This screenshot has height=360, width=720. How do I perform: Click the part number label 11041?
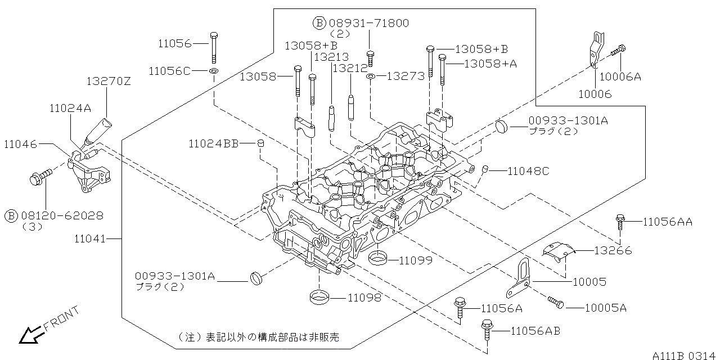pos(89,239)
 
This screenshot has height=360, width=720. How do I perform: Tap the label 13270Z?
pos(108,81)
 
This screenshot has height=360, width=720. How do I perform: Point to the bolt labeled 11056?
pos(214,47)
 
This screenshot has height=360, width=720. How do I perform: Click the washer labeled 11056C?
pos(214,71)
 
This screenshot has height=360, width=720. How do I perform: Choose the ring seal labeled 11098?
pos(319,296)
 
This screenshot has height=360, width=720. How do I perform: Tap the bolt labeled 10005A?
pos(556,303)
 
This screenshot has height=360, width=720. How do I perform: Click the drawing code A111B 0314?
pos(684,355)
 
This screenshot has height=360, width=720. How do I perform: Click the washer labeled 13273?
pos(371,76)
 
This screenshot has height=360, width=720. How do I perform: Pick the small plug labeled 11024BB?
pos(260,145)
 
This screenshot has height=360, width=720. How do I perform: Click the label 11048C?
pos(528,170)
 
